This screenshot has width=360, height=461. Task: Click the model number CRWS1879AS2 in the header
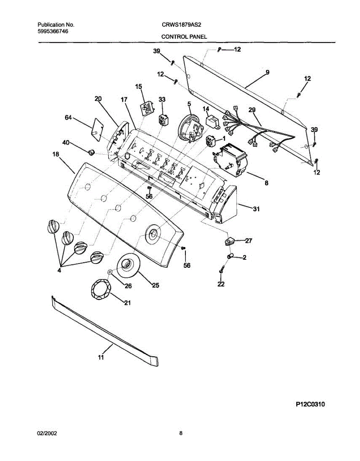(182, 25)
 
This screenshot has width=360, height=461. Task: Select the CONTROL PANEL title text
(184, 37)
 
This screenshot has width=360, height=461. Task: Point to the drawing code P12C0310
(310, 404)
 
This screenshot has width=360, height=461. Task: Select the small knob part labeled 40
(91, 151)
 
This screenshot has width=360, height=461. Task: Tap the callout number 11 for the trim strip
(101, 358)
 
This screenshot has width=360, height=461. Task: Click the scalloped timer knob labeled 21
(101, 289)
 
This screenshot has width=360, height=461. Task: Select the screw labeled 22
(221, 271)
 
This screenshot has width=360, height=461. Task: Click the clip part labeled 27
(230, 241)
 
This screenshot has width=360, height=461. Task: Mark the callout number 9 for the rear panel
(267, 72)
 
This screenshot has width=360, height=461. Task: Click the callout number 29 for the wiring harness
(252, 110)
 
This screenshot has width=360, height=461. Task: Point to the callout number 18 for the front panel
(56, 154)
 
